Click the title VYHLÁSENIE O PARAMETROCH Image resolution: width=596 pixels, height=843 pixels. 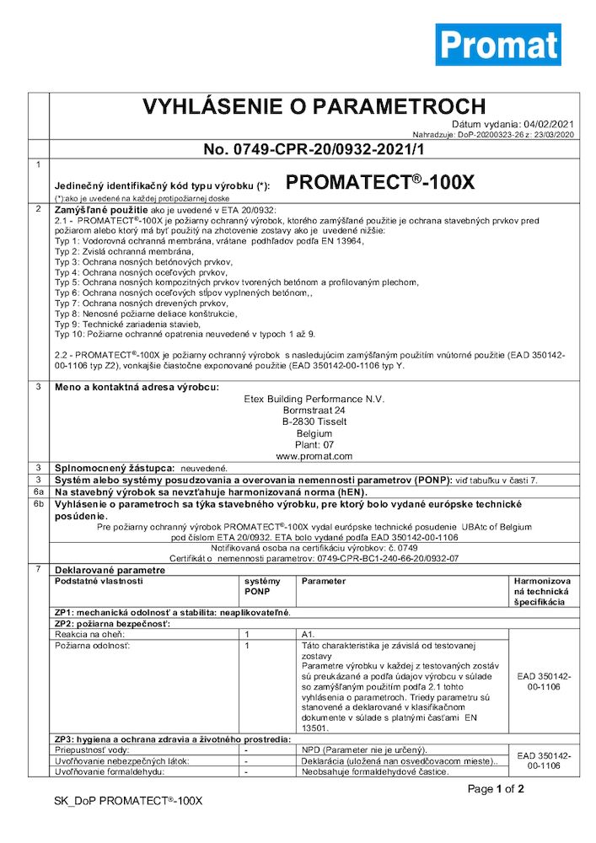(314, 107)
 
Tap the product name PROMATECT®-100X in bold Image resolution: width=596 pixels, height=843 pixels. (381, 182)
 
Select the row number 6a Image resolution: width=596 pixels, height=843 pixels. (37, 490)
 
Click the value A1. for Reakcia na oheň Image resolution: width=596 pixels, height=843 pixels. (307, 633)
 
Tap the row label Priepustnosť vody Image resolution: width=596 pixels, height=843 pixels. (92, 749)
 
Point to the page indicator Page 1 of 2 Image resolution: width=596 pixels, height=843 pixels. (497, 789)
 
